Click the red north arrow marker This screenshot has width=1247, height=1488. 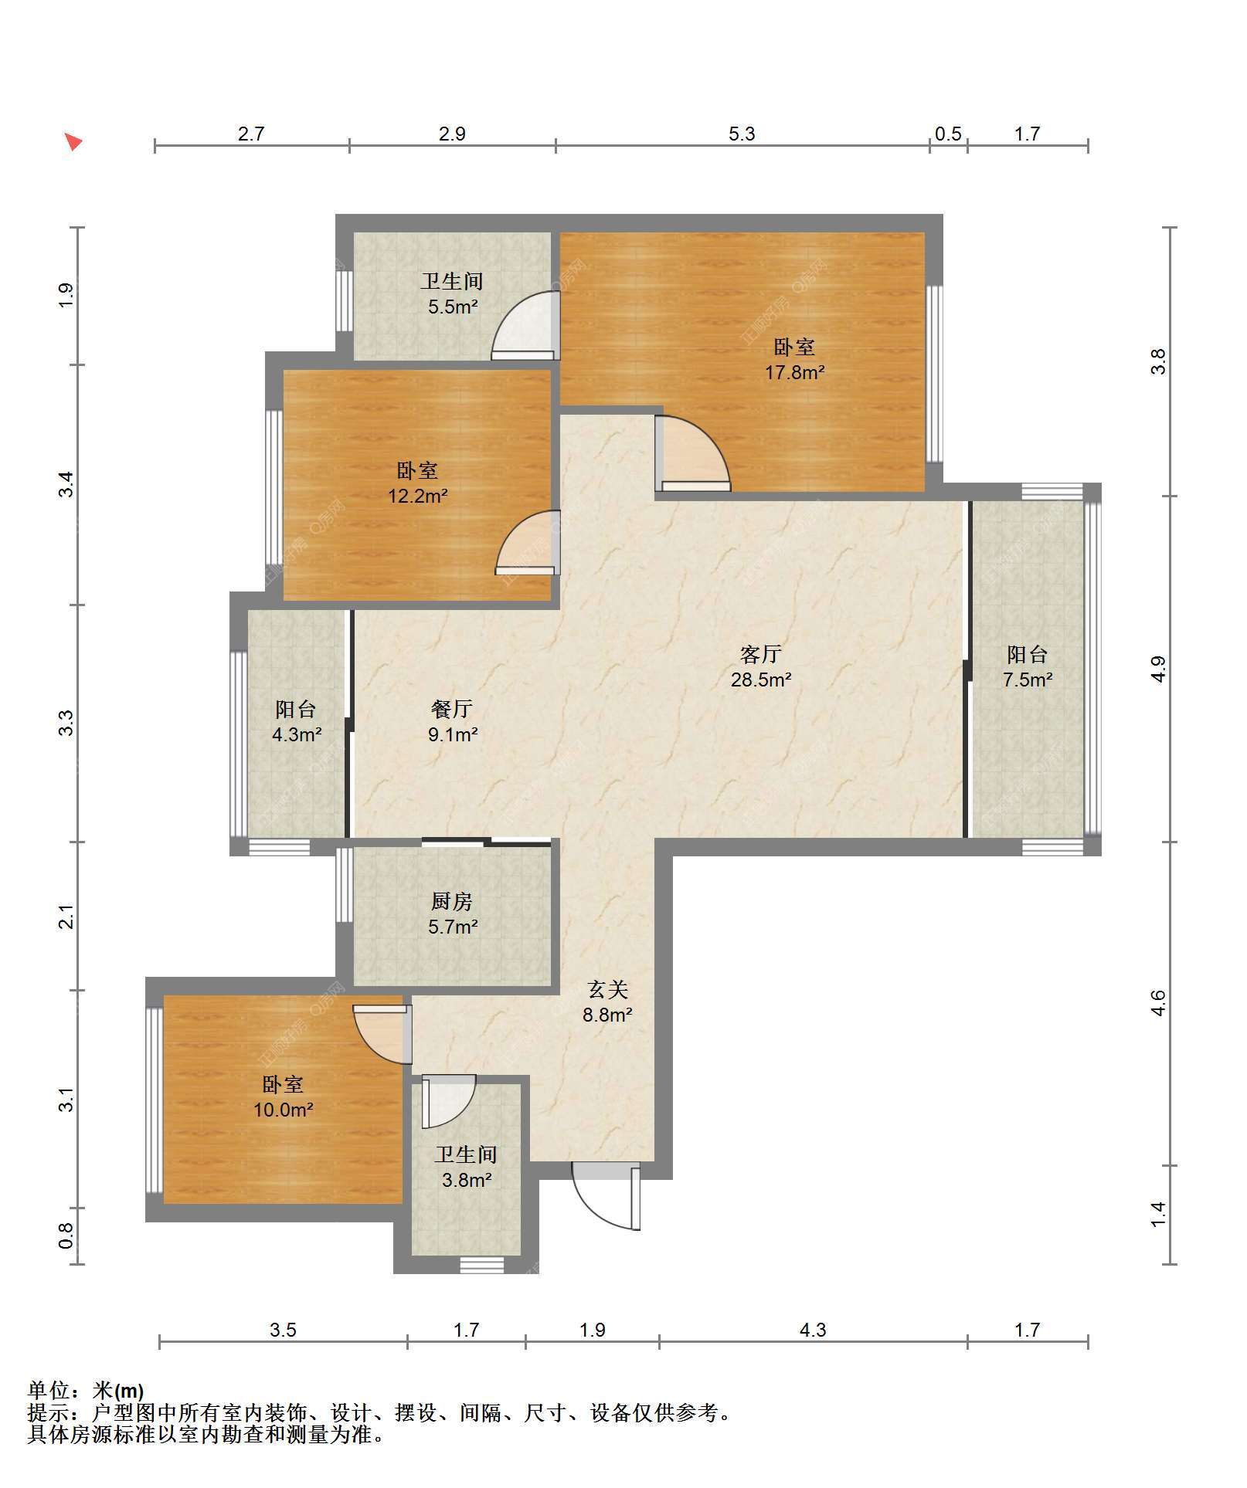73,142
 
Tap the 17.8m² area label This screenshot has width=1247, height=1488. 794,373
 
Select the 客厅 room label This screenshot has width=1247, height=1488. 761,655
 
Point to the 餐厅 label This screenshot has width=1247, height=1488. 452,709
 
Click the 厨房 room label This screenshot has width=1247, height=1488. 452,901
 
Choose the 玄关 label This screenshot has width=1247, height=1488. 608,989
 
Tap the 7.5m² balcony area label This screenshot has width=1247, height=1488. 1028,680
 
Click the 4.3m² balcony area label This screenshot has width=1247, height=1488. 297,734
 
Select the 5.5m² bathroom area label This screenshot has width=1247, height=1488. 453,307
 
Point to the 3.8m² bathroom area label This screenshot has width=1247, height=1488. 467,1181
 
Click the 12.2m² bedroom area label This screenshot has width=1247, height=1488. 417,496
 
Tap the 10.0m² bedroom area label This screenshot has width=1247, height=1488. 283,1110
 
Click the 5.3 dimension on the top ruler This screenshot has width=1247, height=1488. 742,134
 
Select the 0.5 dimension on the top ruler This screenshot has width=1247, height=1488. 948,134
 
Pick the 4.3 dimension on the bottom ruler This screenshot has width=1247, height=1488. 812,1330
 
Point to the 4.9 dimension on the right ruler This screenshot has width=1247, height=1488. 1157,669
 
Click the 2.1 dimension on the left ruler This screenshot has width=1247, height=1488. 67,917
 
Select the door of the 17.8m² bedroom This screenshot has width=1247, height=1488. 692,454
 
